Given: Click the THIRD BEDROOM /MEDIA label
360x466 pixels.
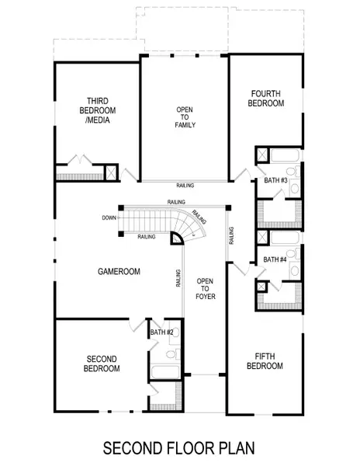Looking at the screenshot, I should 97,110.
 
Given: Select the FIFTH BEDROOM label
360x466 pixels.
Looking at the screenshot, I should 264,361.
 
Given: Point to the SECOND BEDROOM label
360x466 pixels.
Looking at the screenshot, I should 102,363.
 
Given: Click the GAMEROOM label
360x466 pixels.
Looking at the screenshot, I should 118,272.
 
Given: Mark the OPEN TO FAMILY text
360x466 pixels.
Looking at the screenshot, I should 185,117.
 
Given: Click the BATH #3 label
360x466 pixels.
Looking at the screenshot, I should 275,180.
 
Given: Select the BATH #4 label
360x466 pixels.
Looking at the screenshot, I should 275,259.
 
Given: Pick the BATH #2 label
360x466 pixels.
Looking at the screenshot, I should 162,332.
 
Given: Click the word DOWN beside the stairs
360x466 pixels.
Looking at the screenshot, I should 108,217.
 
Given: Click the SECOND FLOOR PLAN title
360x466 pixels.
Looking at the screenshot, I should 179,449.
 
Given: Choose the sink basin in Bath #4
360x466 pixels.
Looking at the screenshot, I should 295,271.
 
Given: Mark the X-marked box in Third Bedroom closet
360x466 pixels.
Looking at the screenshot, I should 110,172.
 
